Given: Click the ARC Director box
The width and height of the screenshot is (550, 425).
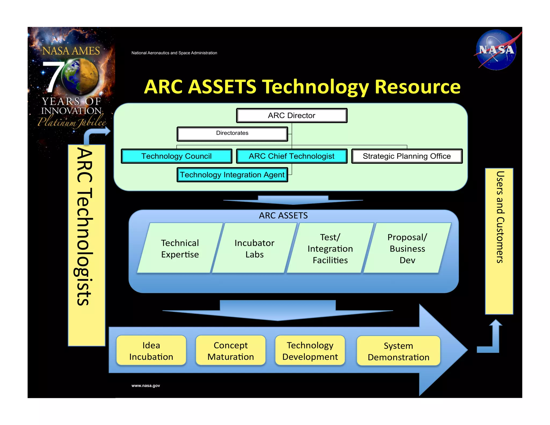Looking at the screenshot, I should coord(292,116).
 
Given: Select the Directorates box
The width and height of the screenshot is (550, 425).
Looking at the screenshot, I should coord(232,134).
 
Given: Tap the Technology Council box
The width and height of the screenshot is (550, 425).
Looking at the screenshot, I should coord(176,156).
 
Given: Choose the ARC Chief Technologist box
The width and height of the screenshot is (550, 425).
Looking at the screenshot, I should coord(292,156).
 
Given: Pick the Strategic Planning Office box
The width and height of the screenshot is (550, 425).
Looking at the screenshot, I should coord(407,156).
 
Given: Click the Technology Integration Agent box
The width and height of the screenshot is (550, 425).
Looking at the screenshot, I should coord(232,175).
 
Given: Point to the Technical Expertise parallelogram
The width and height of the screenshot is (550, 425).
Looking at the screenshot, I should coord(180,248).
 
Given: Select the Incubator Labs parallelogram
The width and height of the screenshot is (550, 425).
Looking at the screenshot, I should coord(254,248).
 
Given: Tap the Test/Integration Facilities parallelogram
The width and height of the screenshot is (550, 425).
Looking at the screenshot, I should coord(330,248).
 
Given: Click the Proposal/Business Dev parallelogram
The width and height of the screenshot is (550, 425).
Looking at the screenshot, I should coord(407,248).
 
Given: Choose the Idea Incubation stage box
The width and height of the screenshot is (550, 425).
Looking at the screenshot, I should coord(151,351).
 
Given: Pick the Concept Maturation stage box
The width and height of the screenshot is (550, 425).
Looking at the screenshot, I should coord(231,351).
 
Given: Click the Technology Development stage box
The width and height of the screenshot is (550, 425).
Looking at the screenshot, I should coord(310,351).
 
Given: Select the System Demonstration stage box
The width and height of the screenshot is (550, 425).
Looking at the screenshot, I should coord(399,351).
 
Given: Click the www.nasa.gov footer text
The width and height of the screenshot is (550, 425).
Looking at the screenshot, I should coord(146,386).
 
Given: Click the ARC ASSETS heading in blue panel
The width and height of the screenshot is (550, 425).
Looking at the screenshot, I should coord(283,215).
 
